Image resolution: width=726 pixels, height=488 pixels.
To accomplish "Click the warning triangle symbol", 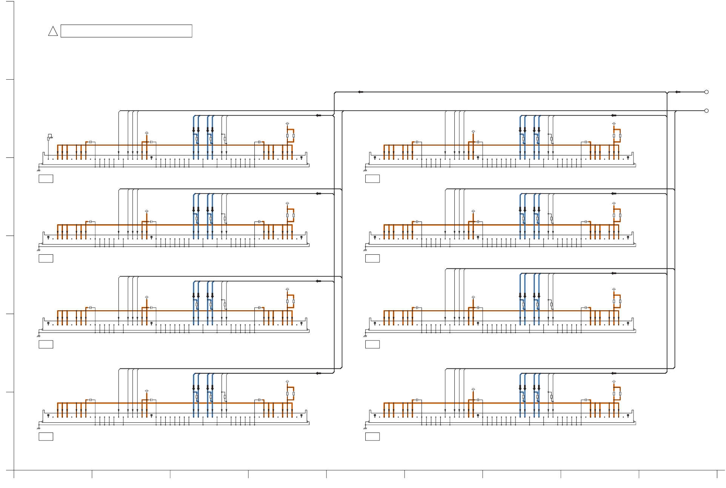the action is click(x=53, y=32).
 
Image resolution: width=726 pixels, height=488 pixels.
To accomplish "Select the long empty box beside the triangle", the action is click(x=126, y=31).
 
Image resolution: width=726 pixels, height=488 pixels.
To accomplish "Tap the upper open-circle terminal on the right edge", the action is click(x=706, y=92).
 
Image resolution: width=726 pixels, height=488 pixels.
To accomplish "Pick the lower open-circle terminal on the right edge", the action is click(x=706, y=111).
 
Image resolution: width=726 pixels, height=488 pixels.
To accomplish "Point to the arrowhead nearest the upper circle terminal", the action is click(x=677, y=92).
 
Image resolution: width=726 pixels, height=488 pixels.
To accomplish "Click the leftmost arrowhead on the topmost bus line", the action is click(x=360, y=92).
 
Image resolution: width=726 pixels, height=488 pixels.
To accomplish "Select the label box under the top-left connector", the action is click(x=46, y=179).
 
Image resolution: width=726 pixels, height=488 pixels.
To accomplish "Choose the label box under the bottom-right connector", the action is click(x=372, y=436).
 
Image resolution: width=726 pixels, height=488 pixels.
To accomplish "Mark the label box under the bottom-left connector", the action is click(x=46, y=436).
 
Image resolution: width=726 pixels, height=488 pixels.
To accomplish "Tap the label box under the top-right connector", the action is click(x=372, y=179).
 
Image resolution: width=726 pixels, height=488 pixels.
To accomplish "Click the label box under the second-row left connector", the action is click(x=46, y=258).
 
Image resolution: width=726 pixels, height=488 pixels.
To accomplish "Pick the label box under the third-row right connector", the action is click(x=372, y=344).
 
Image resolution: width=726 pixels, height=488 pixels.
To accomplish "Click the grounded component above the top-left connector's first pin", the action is click(x=49, y=137).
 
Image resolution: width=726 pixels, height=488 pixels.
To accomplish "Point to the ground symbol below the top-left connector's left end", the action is click(x=38, y=170).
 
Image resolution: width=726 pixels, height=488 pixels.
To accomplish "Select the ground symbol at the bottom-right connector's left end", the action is click(x=365, y=428).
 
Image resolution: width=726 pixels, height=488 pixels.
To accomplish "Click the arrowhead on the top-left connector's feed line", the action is click(x=318, y=115).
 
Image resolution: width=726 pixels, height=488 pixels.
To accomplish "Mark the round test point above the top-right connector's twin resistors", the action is click(x=614, y=124).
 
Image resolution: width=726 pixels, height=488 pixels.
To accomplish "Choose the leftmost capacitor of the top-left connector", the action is click(x=90, y=142).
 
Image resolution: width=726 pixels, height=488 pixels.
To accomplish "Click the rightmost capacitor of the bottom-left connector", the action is click(x=259, y=400).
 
